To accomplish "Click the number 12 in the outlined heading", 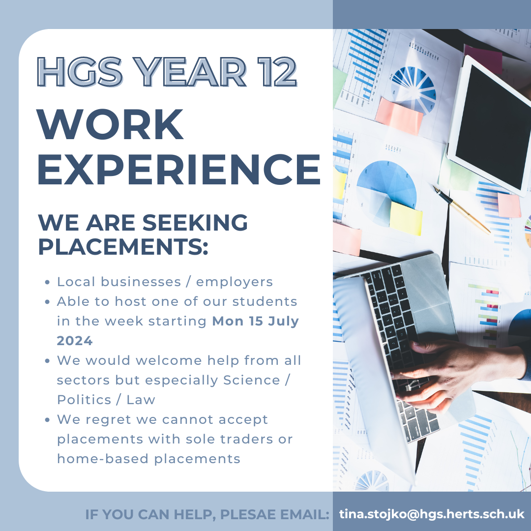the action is (x=277, y=72).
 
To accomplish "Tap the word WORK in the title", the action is (x=110, y=124).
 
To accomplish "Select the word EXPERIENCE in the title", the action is (x=179, y=169).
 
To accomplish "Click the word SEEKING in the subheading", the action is (x=195, y=223).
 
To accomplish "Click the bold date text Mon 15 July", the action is (x=255, y=321).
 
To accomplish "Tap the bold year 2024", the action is (x=75, y=341).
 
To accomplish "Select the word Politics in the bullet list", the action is (x=84, y=400).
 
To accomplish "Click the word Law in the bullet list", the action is (x=141, y=400).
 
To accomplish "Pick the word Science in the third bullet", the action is (x=251, y=380).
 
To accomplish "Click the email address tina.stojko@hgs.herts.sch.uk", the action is (x=432, y=514).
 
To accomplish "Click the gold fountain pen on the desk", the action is (x=461, y=209).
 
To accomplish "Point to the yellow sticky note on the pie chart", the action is (x=406, y=218).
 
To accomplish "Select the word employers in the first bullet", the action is (x=235, y=282).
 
